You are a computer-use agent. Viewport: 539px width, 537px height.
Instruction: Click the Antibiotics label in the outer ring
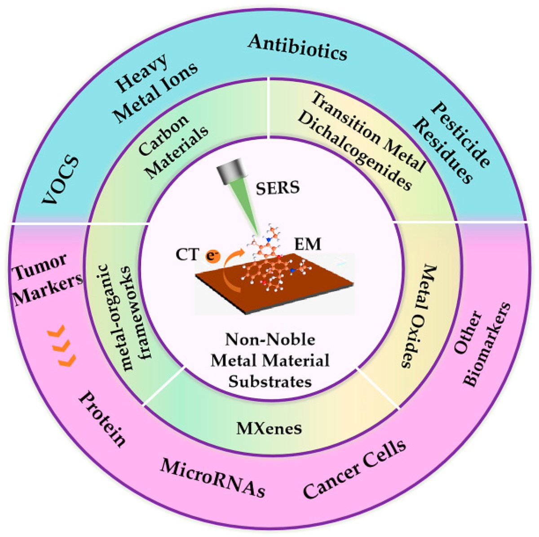coord(298,48)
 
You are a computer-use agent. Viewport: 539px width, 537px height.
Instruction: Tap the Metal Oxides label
coord(416,316)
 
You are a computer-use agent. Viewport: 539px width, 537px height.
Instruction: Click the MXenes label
coord(269,428)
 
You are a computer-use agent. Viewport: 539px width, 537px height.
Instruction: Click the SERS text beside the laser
coord(277,187)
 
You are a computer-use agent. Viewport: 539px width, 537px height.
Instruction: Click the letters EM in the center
coord(308,244)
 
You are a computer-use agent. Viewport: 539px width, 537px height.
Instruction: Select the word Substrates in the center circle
coord(270,381)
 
